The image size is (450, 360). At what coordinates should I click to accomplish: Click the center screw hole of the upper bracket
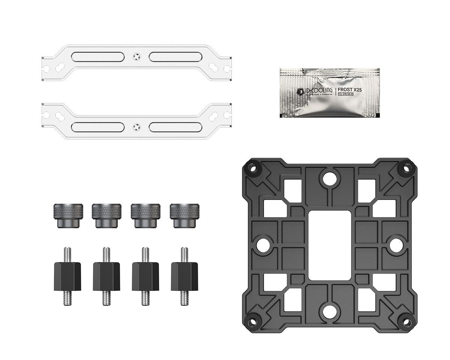pyautogui.click(x=136, y=57)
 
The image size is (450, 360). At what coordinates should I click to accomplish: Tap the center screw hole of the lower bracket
pyautogui.click(x=136, y=126)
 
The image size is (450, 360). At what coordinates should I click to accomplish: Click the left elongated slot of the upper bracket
pyautogui.click(x=98, y=57)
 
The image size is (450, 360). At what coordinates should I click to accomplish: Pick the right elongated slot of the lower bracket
pyautogui.click(x=174, y=126)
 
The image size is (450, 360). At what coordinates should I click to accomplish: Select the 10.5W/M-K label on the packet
pyautogui.click(x=346, y=94)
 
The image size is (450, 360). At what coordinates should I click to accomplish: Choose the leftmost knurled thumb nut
pyautogui.click(x=68, y=215)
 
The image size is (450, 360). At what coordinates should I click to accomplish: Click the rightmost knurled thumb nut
pyautogui.click(x=184, y=215)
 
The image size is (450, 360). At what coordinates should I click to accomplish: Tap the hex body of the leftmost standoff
pyautogui.click(x=68, y=276)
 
